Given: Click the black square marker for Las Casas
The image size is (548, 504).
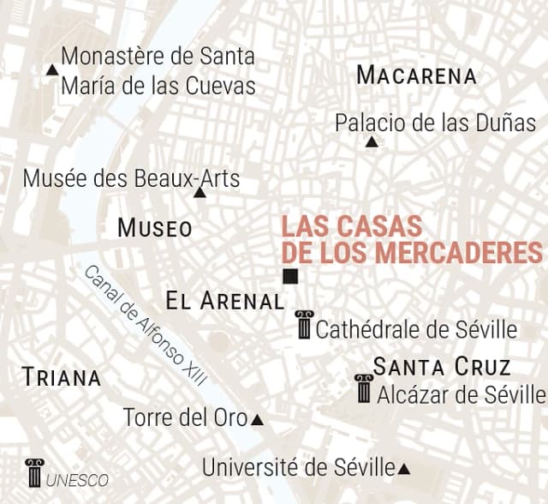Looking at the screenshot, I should click(x=291, y=276).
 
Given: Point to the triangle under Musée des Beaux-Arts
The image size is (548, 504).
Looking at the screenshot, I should click(x=200, y=193).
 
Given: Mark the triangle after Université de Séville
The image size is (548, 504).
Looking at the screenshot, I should click(x=404, y=469).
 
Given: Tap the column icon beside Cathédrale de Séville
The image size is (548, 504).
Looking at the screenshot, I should click(x=304, y=325).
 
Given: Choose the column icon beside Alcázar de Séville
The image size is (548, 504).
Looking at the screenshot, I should click(x=364, y=388).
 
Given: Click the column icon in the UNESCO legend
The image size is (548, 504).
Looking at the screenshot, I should click(x=34, y=473).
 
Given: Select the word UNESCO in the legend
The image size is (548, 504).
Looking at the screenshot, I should click(x=78, y=480).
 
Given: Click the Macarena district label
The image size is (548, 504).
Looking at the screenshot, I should click(x=416, y=75).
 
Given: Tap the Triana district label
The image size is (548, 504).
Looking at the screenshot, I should click(x=62, y=376).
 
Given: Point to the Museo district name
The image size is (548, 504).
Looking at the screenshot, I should click(x=155, y=228).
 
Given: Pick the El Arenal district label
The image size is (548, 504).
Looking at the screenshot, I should click(x=224, y=301).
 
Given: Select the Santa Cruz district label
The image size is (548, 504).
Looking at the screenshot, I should click(x=442, y=368).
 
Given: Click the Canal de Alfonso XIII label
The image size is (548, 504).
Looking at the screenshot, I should click(x=151, y=325).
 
